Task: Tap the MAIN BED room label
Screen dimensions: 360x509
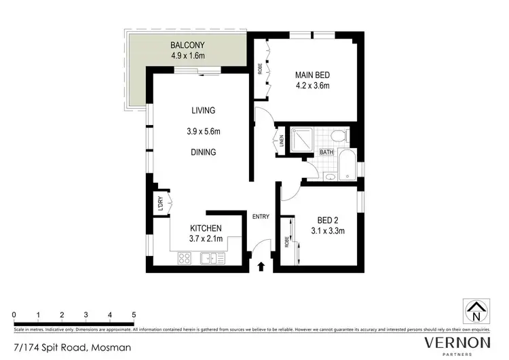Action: (312, 75)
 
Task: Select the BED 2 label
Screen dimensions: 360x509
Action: (331, 219)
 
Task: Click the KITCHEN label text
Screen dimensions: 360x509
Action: (206, 228)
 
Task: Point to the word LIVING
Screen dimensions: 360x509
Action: (203, 110)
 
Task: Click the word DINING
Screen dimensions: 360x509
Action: (203, 152)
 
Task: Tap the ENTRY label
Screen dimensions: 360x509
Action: (261, 217)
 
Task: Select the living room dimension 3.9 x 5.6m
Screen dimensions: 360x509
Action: (203, 131)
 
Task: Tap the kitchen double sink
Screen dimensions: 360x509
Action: (213, 257)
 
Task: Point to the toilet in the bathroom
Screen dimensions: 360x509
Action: (343, 137)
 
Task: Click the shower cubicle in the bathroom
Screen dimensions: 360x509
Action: (299, 141)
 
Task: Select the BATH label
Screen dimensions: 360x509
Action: (327, 154)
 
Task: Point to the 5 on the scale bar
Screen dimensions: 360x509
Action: (134, 315)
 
